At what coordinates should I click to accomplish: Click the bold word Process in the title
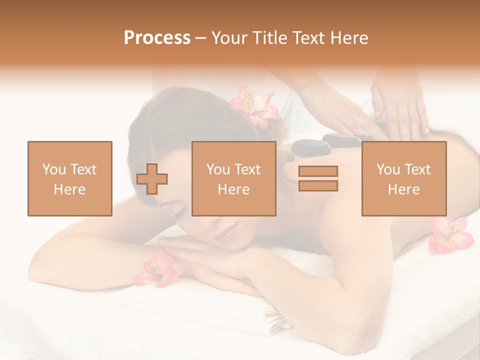click(157, 38)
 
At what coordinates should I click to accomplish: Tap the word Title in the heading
click(270, 38)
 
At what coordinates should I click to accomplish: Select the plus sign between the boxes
click(152, 179)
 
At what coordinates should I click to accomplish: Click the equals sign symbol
click(318, 178)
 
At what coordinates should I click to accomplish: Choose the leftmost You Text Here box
click(70, 178)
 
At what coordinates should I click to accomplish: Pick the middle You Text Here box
click(233, 178)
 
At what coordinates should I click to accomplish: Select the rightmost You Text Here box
click(403, 178)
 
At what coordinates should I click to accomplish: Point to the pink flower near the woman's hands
click(158, 269)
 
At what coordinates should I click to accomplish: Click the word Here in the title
click(348, 38)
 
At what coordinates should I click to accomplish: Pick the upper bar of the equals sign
click(318, 171)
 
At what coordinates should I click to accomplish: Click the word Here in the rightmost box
click(403, 189)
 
